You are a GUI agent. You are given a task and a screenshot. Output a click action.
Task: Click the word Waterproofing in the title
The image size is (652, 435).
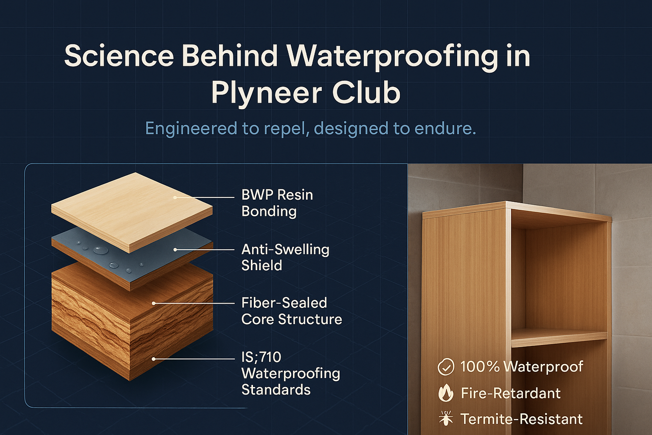(x=392, y=57)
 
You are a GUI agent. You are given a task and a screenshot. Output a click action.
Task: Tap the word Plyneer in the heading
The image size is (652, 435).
(x=266, y=93)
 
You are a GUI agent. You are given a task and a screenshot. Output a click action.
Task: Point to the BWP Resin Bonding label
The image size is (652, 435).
(x=277, y=203)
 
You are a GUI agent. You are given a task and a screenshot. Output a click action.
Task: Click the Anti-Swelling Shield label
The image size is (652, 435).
(x=285, y=257)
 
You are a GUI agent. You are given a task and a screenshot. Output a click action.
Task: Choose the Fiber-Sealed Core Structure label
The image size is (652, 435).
(x=291, y=311)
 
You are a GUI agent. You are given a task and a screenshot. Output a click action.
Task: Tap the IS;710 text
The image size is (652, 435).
(x=261, y=357)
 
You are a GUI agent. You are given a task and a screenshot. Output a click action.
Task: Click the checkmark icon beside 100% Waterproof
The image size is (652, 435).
(x=446, y=367)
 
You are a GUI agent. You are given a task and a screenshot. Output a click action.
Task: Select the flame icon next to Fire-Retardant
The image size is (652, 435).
(x=446, y=393)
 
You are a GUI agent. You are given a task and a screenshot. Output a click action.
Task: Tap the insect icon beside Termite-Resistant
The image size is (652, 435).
(x=446, y=418)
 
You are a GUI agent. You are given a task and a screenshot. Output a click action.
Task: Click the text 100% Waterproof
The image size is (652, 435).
(x=521, y=367)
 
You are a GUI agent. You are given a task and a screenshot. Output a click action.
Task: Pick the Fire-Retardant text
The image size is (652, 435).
(x=510, y=393)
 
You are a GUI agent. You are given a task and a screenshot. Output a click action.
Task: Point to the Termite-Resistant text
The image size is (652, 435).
(x=521, y=419)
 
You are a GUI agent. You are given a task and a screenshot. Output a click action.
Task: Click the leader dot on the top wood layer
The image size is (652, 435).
(x=175, y=197)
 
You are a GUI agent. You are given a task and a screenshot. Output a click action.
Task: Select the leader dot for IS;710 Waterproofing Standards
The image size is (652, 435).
(x=153, y=359)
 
